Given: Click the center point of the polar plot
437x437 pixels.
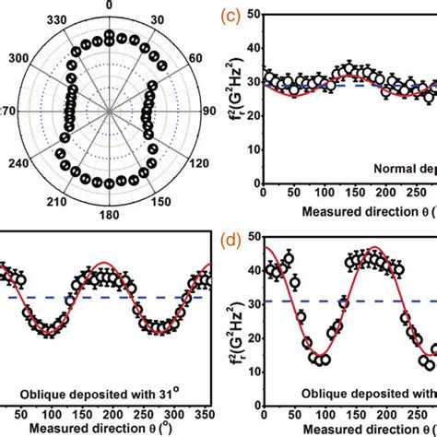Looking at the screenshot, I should (x=109, y=108).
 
